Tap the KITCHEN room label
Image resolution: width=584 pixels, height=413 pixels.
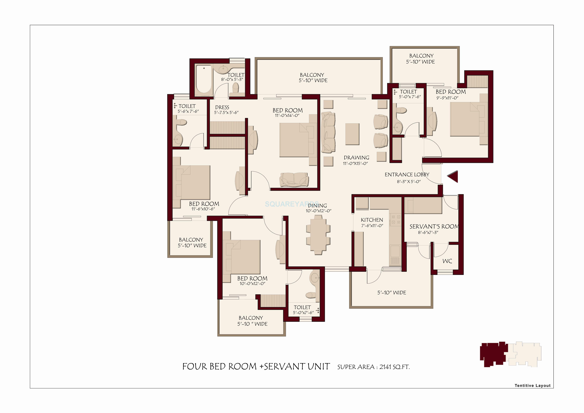372,220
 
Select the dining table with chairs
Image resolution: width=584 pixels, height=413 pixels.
318,235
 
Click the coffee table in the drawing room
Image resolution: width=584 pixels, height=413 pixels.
352,134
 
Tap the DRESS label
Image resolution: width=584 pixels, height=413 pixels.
222,107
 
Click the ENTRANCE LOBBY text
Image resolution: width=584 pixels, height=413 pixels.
407,175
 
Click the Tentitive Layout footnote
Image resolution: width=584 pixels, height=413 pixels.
532,386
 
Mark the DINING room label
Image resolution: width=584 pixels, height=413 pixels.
317,206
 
